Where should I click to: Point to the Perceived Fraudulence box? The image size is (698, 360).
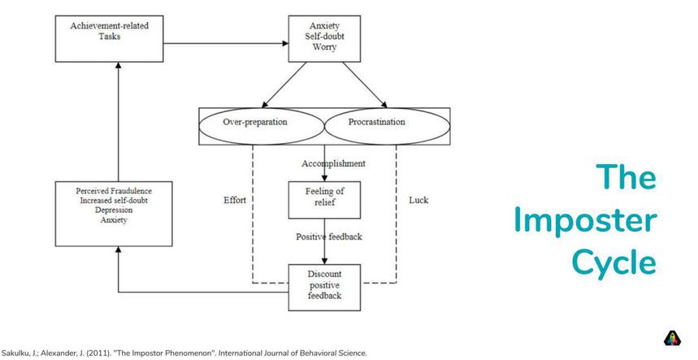point(113,214)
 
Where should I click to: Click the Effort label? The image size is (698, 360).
point(234,200)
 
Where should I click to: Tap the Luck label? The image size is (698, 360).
point(418,200)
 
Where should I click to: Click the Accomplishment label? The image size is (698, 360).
point(333,163)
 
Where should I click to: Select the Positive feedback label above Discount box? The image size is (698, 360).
point(328,236)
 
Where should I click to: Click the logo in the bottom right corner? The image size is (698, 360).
point(673,339)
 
